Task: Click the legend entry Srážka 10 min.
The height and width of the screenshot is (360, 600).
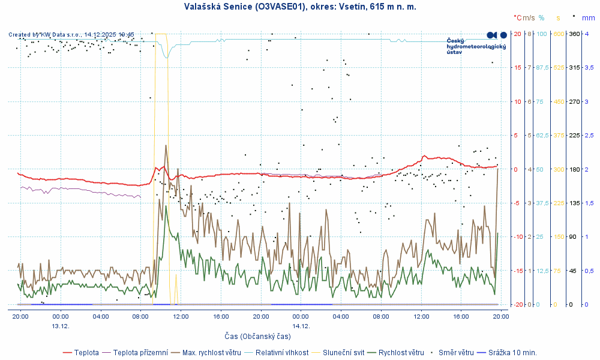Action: pyautogui.click(x=512, y=352)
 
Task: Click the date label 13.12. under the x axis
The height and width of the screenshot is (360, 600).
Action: pyautogui.click(x=61, y=326)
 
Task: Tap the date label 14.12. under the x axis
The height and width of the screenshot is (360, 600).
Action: pyautogui.click(x=301, y=326)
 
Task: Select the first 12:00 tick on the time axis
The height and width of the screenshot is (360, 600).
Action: pyautogui.click(x=181, y=316)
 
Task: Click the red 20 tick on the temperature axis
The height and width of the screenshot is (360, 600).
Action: pyautogui.click(x=517, y=34)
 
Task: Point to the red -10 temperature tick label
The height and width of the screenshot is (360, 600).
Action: pyautogui.click(x=515, y=236)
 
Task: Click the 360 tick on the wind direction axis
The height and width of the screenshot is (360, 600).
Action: pyautogui.click(x=574, y=34)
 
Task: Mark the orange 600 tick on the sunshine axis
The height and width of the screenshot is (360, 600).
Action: pyautogui.click(x=559, y=34)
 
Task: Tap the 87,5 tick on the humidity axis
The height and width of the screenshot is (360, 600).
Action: pyautogui.click(x=542, y=67)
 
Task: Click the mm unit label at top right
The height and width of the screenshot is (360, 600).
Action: pyautogui.click(x=588, y=19)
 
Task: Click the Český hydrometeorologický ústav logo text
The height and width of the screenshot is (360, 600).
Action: pyautogui.click(x=477, y=46)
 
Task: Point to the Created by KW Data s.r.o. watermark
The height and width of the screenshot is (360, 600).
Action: pyautogui.click(x=71, y=35)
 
